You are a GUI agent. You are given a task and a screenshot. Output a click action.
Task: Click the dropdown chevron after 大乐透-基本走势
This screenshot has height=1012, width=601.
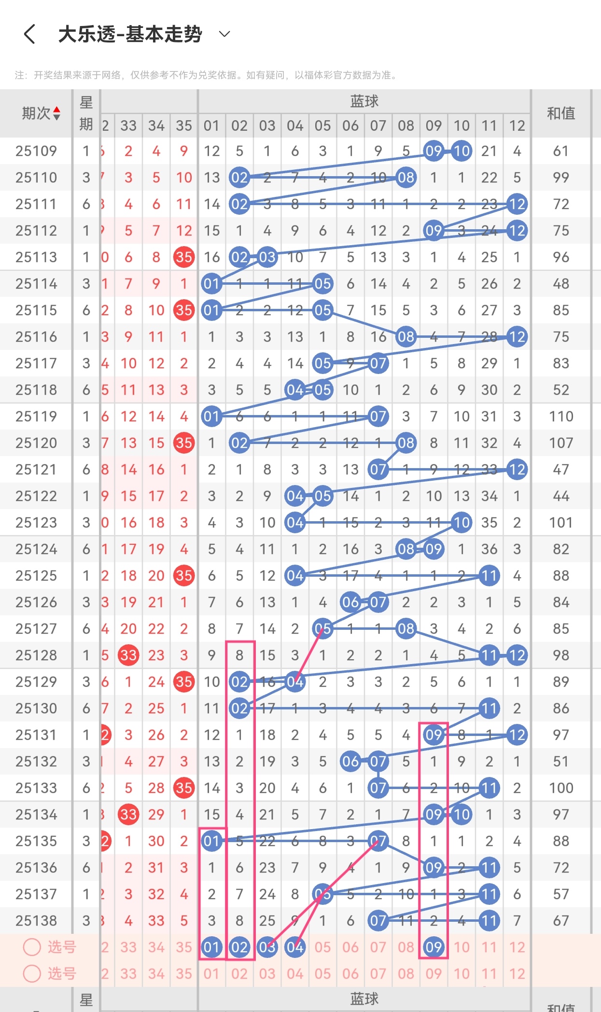point(224,34)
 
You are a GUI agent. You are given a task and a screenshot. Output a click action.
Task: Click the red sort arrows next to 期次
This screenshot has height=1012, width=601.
point(57,113)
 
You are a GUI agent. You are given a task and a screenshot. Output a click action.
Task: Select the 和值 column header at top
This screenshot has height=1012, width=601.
point(561,114)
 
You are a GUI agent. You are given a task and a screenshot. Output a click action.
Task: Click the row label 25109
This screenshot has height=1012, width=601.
point(36,151)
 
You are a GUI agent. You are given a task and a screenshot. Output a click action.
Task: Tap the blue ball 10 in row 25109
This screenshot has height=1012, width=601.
point(461,151)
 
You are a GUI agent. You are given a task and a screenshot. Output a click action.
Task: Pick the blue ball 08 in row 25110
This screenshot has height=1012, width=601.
point(406,178)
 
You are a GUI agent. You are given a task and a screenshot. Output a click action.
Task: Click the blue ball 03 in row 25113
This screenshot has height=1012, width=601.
point(267,257)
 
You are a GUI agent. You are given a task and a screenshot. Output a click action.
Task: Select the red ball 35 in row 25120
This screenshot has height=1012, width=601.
point(184,443)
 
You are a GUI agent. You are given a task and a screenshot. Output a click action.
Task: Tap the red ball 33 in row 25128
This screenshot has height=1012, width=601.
point(128,655)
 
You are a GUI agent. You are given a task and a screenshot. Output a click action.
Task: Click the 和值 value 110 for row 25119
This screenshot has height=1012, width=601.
point(561,416)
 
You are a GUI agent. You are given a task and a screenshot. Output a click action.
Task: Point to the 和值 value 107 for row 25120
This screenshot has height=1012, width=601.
point(561,443)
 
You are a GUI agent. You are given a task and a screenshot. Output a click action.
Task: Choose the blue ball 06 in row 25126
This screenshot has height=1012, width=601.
point(350,602)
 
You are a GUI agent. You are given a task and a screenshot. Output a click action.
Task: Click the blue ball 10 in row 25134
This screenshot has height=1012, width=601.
point(461,815)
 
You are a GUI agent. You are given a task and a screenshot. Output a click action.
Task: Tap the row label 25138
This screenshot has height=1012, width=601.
point(36,921)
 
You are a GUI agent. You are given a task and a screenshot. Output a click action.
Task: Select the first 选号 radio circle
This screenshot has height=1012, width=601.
point(32,947)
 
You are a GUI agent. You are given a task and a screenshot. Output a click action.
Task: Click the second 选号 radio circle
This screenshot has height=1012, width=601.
point(32,973)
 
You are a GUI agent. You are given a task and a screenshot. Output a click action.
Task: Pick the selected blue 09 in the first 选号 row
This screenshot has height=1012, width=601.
point(433,947)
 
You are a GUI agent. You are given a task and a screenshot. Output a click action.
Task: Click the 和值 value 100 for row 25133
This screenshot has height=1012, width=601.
point(561,788)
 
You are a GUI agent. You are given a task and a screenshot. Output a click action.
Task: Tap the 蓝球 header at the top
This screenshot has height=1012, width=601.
point(364,101)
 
